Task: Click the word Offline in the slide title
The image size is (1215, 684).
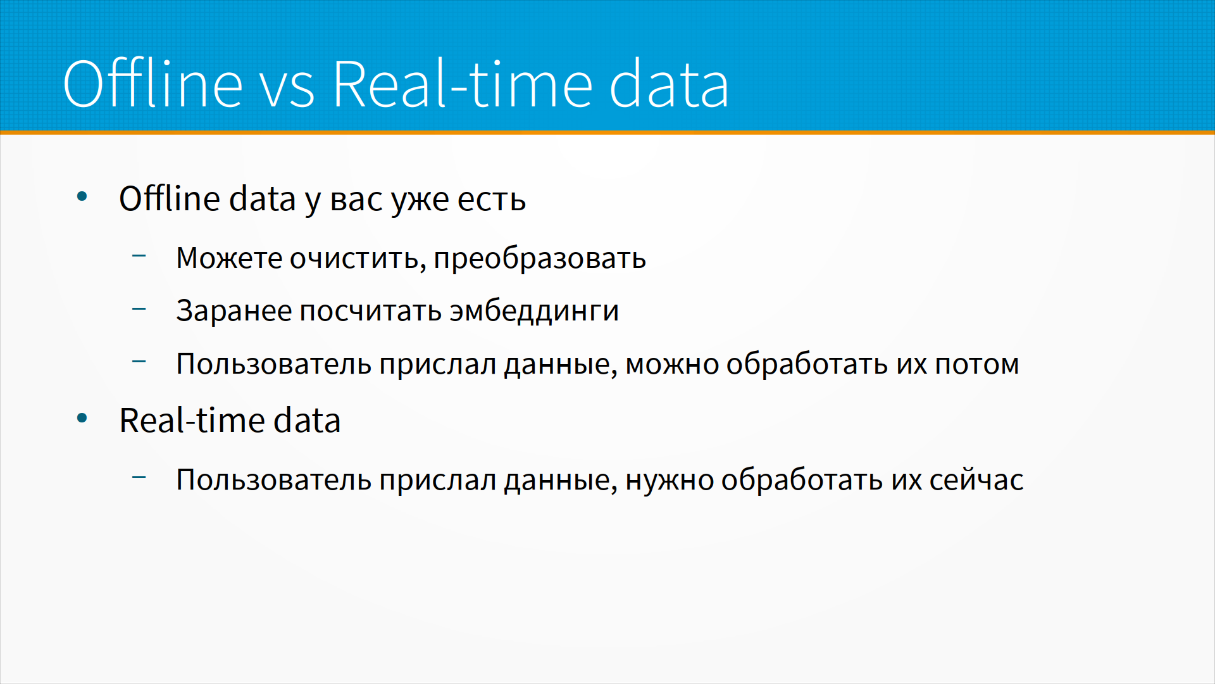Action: click(153, 83)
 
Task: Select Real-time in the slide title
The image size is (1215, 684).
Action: click(463, 83)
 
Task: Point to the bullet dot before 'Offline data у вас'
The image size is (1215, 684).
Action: click(82, 196)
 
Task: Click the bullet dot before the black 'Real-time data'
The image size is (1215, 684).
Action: click(82, 418)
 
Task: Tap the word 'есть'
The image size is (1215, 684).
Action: click(492, 200)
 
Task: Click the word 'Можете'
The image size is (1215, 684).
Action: click(229, 258)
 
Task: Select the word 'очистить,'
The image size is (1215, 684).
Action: click(358, 259)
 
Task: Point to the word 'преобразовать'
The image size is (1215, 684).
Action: click(540, 259)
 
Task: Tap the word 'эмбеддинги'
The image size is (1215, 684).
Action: click(534, 311)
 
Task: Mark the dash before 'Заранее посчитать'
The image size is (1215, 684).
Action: click(139, 309)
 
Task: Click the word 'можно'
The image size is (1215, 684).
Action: click(672, 365)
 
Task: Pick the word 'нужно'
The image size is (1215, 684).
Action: click(670, 481)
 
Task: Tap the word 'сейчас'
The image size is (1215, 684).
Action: click(976, 479)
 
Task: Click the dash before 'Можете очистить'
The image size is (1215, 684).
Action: click(139, 256)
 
